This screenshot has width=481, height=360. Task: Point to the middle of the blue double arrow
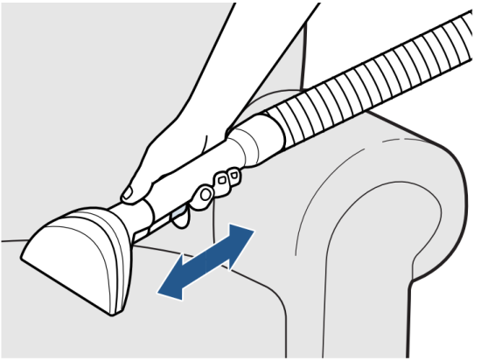[x=206, y=261]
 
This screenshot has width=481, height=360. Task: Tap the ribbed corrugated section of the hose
[x=367, y=87]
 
